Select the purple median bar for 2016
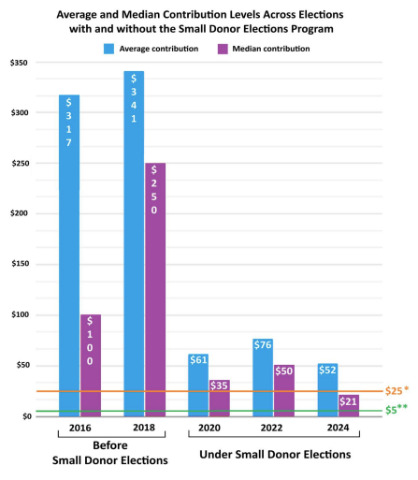pyautogui.click(x=90, y=364)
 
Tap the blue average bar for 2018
pyautogui.click(x=134, y=242)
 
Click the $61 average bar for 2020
pyautogui.click(x=198, y=384)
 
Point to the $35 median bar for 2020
pyautogui.click(x=220, y=397)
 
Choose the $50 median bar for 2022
pyautogui.click(x=284, y=389)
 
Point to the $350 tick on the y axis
pyautogui.click(x=18, y=63)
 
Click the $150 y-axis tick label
pyautogui.click(x=18, y=264)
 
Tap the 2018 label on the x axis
pyautogui.click(x=144, y=428)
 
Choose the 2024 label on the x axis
pyautogui.click(x=339, y=428)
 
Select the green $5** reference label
pyautogui.click(x=397, y=410)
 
